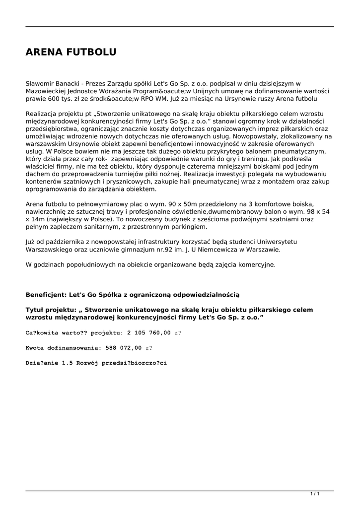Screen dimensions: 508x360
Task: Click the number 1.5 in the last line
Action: pyautogui.click(x=67, y=363)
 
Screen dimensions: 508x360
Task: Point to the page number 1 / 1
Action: pyautogui.click(x=314, y=494)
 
